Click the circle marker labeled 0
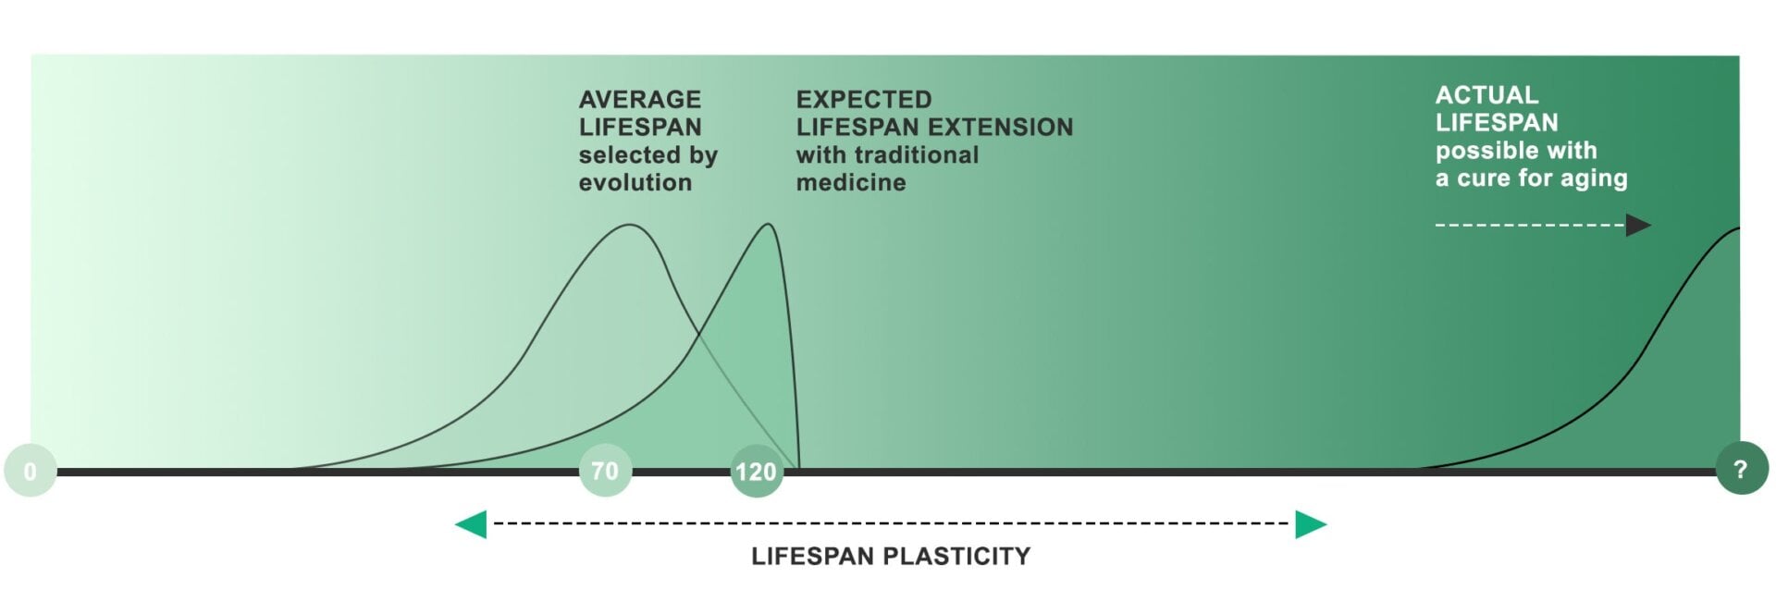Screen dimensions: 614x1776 click(x=30, y=471)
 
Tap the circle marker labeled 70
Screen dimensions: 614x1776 click(x=605, y=471)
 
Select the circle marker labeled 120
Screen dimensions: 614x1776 click(x=756, y=472)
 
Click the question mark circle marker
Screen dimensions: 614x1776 click(x=1741, y=469)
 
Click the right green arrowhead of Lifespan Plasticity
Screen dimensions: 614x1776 click(x=1311, y=524)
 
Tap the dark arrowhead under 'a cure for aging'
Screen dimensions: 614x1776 click(x=1637, y=225)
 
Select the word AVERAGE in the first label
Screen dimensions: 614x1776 click(x=639, y=99)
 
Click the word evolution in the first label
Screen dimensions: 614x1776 click(x=635, y=182)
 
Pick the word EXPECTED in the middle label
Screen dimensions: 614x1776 click(x=864, y=99)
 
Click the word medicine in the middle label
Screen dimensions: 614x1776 click(x=851, y=182)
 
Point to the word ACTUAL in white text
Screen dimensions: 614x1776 click(x=1486, y=94)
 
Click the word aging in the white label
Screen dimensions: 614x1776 click(x=1594, y=178)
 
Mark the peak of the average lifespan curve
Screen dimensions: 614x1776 click(x=630, y=225)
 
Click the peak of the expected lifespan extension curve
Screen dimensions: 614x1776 click(x=768, y=224)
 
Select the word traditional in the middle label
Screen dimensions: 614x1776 click(x=919, y=154)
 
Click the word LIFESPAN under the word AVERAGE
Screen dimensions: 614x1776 click(x=639, y=127)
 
